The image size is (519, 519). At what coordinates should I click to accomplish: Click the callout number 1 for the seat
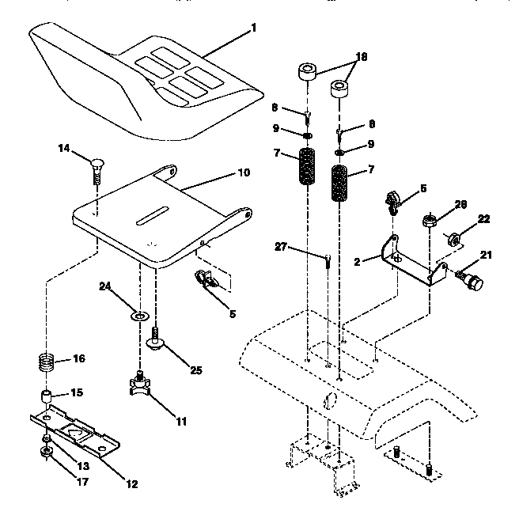click(x=254, y=28)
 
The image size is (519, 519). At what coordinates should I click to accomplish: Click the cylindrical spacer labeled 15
click(x=49, y=395)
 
